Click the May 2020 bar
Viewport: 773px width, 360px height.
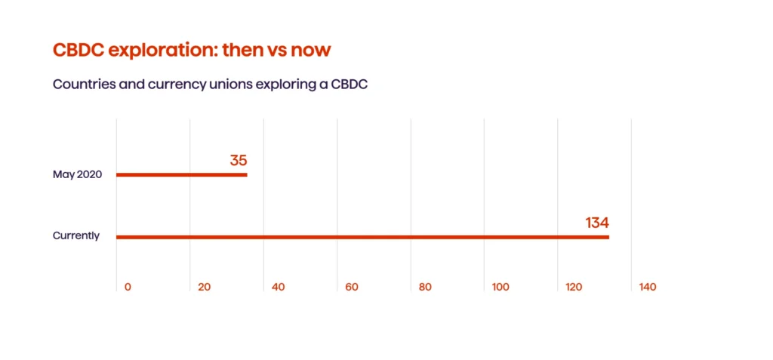pos(181,175)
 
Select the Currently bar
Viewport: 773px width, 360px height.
pos(362,237)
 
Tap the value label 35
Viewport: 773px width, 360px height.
pos(239,160)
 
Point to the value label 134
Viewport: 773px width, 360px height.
pos(596,223)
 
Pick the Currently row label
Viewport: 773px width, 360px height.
pos(76,235)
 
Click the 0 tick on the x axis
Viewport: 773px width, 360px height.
pos(128,288)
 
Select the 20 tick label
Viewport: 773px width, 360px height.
pos(204,288)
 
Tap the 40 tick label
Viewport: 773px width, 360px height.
pos(278,288)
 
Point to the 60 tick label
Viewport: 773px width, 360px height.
pos(351,288)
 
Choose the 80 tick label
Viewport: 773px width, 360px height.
pos(425,288)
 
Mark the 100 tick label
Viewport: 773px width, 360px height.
pos(500,288)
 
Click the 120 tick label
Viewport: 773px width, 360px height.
pos(574,288)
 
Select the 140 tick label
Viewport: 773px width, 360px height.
pos(647,288)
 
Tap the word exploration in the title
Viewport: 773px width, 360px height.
pos(162,51)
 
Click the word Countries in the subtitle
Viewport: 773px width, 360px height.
pos(82,85)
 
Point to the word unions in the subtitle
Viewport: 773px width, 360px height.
pos(232,85)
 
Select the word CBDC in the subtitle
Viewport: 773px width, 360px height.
pos(347,85)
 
